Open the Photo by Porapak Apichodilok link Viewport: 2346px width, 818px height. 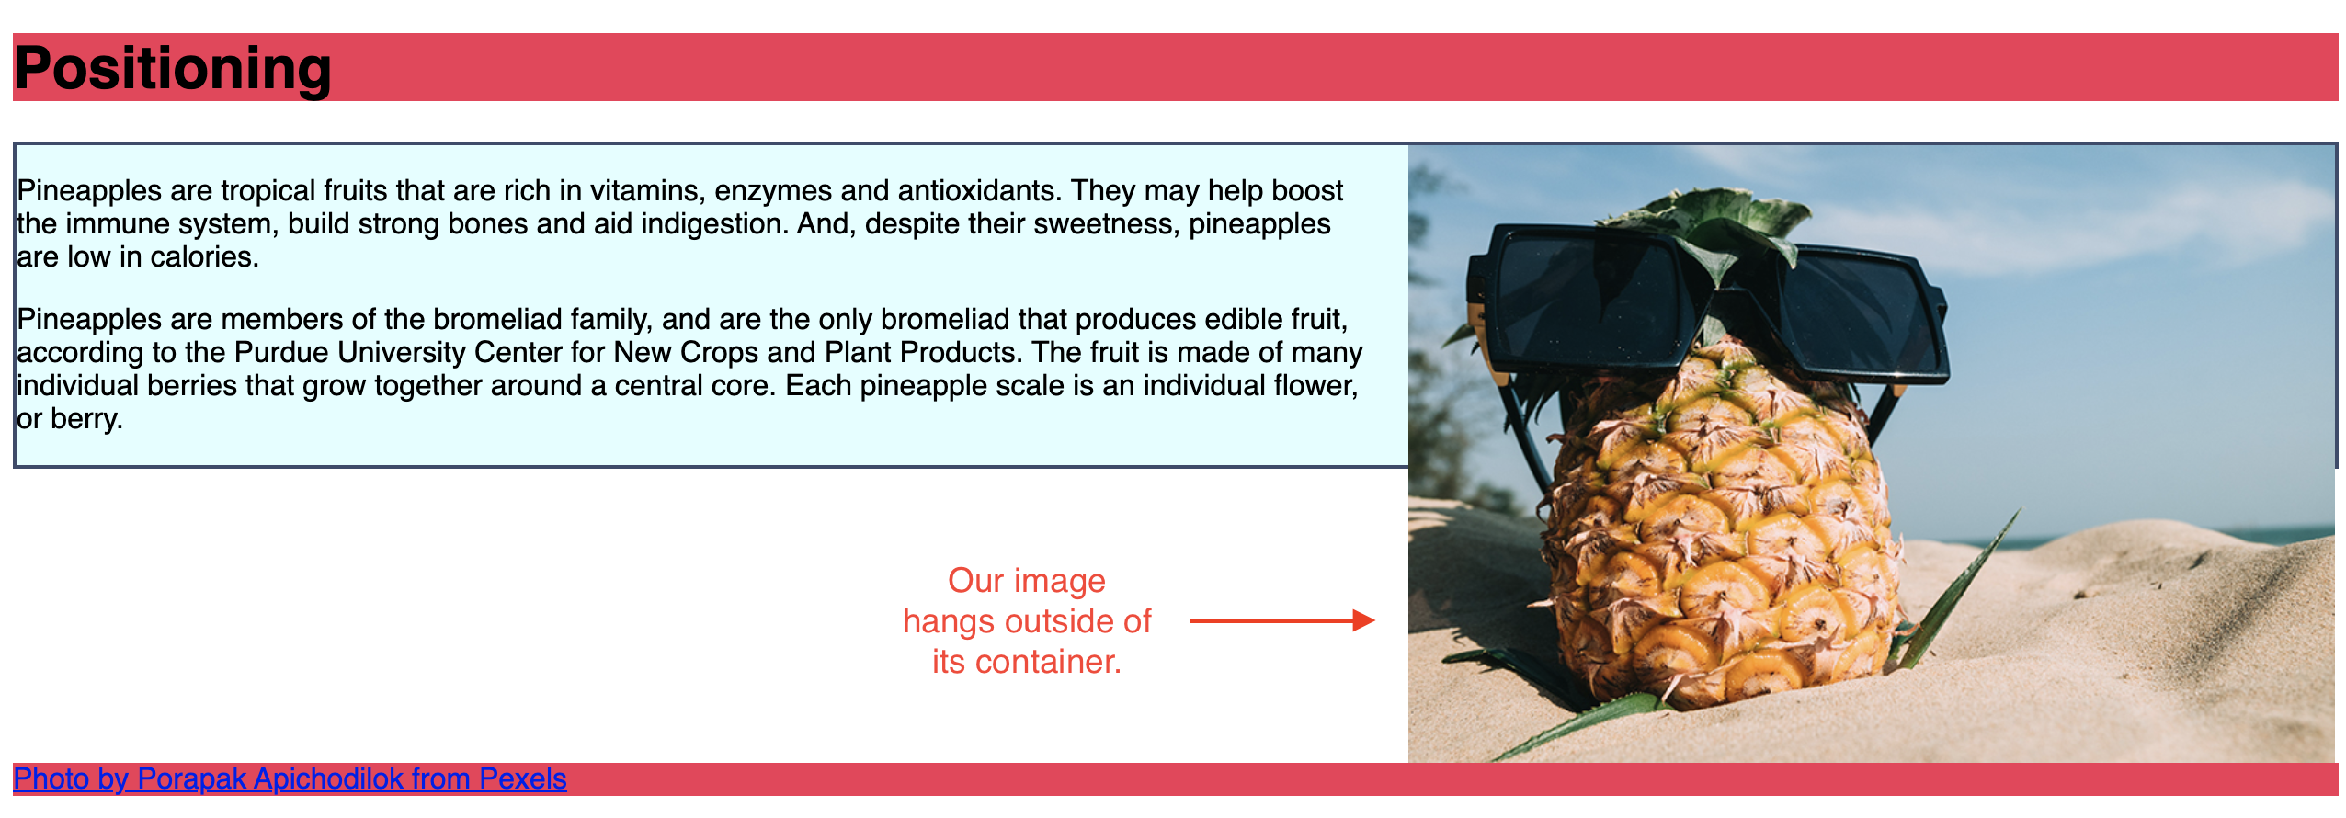(290, 779)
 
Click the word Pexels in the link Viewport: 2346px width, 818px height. (523, 779)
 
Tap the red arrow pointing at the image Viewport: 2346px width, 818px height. (1281, 621)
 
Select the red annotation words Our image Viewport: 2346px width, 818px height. (1027, 582)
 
